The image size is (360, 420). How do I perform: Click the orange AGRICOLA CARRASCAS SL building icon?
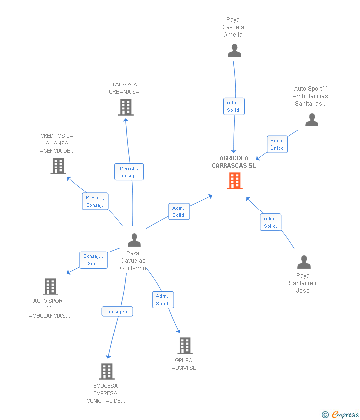click(235, 181)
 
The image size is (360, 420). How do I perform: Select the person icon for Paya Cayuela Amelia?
click(234, 50)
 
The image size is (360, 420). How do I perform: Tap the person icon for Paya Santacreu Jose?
click(304, 262)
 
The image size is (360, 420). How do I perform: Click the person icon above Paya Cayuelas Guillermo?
click(134, 240)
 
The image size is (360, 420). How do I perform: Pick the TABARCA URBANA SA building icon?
click(126, 107)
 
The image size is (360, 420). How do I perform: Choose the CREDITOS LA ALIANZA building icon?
click(58, 166)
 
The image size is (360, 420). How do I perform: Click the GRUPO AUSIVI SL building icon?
click(184, 346)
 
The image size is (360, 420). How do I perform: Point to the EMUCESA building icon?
click(107, 371)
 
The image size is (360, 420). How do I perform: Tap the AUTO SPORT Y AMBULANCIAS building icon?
click(50, 286)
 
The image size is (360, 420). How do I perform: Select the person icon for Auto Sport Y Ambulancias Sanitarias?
click(312, 120)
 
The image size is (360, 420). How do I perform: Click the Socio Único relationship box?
click(277, 144)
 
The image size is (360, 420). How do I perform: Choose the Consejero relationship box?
click(117, 311)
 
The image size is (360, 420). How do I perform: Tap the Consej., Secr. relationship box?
click(93, 260)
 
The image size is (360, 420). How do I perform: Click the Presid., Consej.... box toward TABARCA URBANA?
click(129, 172)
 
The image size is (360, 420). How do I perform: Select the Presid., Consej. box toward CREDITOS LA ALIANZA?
click(94, 201)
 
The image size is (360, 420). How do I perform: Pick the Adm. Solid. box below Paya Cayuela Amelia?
click(234, 106)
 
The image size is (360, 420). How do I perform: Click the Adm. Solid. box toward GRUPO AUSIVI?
click(163, 300)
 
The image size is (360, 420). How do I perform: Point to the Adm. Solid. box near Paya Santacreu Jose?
click(270, 222)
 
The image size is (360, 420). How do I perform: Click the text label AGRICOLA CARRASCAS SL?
click(233, 162)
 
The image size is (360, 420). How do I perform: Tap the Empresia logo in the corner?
click(341, 414)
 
